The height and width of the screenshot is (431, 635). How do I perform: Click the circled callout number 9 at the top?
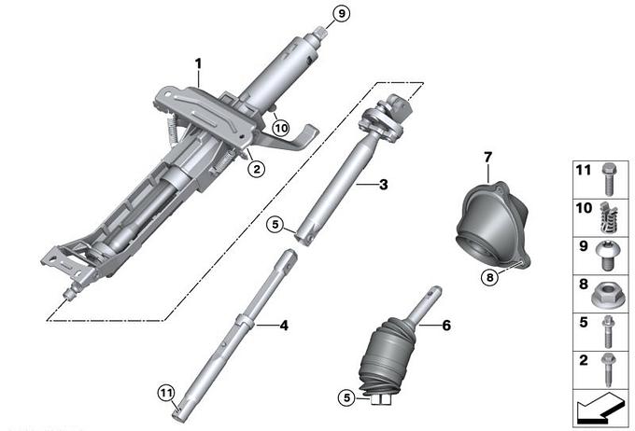coord(342,14)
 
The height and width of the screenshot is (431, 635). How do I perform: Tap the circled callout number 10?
coord(280,129)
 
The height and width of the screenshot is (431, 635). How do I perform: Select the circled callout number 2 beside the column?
coord(257,168)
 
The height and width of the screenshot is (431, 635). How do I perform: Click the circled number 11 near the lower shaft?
coord(166,393)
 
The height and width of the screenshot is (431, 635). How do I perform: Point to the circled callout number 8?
coord(490,278)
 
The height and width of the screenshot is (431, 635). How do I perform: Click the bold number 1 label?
coord(198,64)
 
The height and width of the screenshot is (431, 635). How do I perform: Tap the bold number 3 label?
coord(383,185)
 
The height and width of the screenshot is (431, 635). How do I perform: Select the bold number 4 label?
coord(284,325)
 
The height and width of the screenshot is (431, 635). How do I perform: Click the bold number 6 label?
coord(446,325)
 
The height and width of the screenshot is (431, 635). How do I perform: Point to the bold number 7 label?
coord(487,157)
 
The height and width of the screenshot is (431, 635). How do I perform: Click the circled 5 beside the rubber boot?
coord(346,397)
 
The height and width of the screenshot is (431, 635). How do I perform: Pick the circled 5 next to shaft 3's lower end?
coord(275,224)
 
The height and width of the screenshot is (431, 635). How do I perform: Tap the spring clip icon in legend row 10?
coord(609,218)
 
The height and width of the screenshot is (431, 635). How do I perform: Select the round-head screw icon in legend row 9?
coord(607,256)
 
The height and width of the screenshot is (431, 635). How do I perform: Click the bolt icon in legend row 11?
coord(609,180)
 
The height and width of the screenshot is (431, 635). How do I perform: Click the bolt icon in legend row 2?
coord(609,369)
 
